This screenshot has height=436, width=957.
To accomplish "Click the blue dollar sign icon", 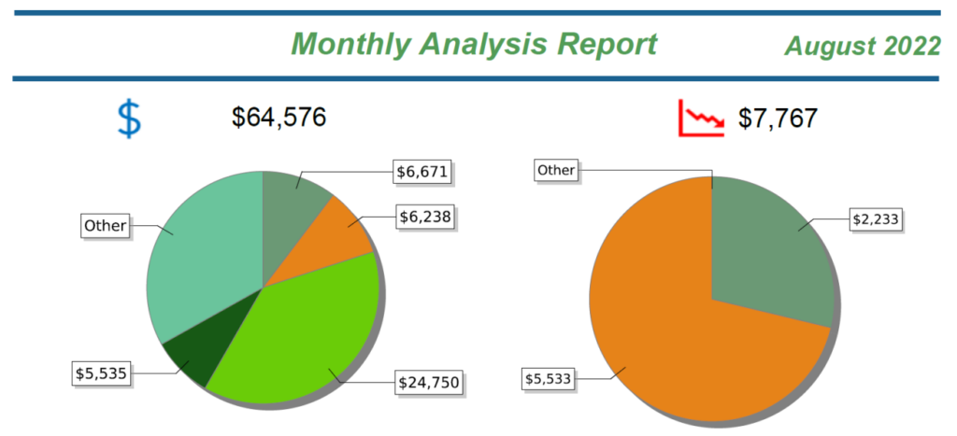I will click(129, 119).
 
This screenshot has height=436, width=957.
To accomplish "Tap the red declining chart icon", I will click(701, 119).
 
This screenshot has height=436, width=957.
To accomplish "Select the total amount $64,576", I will click(279, 118).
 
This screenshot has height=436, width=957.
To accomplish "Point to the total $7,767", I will click(778, 119).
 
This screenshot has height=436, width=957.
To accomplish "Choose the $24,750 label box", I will click(429, 382).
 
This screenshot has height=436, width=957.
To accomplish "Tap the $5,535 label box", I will click(101, 373).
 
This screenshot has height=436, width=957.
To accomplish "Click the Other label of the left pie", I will click(104, 225).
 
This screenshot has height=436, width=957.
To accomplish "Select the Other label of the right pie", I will click(556, 170).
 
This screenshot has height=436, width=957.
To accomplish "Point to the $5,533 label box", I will click(549, 378).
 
